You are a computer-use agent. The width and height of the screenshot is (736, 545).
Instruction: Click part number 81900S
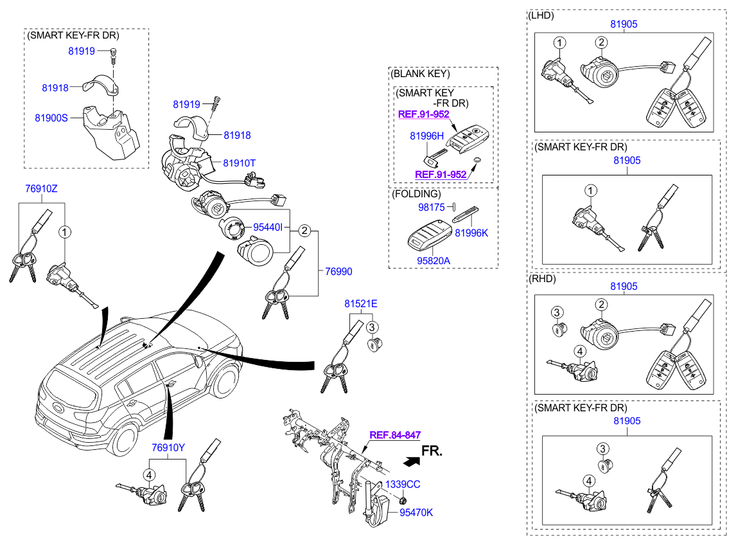[x=51, y=118]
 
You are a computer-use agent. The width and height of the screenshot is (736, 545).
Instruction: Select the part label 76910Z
[x=41, y=188]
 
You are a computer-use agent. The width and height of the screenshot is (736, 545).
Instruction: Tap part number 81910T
[x=240, y=163]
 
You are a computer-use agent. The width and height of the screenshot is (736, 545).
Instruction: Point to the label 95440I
[x=268, y=228]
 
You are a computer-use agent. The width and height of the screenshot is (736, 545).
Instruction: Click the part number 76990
[x=338, y=271]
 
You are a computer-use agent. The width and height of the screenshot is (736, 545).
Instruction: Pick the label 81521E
[x=360, y=303]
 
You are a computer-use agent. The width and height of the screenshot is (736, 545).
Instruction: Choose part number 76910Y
[x=168, y=447]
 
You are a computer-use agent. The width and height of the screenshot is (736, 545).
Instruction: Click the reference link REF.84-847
[x=395, y=435]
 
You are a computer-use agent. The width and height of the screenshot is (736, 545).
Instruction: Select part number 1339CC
[x=403, y=484]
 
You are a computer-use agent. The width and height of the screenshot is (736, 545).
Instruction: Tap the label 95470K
[x=416, y=513]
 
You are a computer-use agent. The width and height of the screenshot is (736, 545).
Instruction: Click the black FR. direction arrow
[x=412, y=462]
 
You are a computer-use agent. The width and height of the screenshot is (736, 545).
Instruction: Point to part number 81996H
[x=426, y=136]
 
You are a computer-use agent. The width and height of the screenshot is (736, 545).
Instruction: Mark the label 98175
[x=432, y=207]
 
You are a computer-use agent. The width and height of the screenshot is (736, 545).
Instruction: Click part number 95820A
[x=434, y=261]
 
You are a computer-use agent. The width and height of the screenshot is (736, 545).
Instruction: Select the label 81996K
[x=471, y=233]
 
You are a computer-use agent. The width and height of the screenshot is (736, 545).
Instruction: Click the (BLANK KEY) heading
[x=421, y=74]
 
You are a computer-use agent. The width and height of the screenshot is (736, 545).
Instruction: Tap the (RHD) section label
[x=542, y=279]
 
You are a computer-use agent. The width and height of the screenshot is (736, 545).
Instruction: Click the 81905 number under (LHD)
[x=624, y=24]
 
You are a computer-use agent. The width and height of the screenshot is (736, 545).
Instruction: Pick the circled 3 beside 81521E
[x=372, y=328]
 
